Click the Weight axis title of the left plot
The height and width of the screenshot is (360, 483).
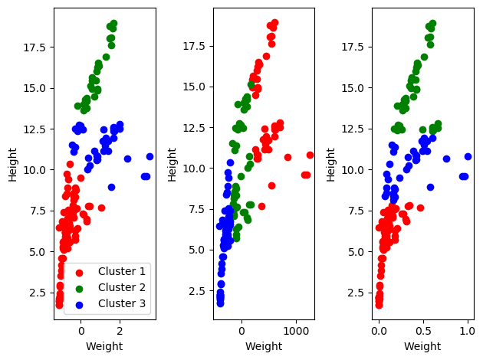tap(104, 346)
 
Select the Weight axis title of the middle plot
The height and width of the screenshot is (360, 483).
tap(264, 346)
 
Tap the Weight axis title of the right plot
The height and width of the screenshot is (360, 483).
tap(422, 346)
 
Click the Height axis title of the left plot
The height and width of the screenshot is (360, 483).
tap(13, 164)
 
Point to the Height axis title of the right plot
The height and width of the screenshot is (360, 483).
tap(331, 164)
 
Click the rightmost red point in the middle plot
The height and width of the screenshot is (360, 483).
tap(310, 155)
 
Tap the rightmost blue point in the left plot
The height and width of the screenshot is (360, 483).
tap(150, 156)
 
